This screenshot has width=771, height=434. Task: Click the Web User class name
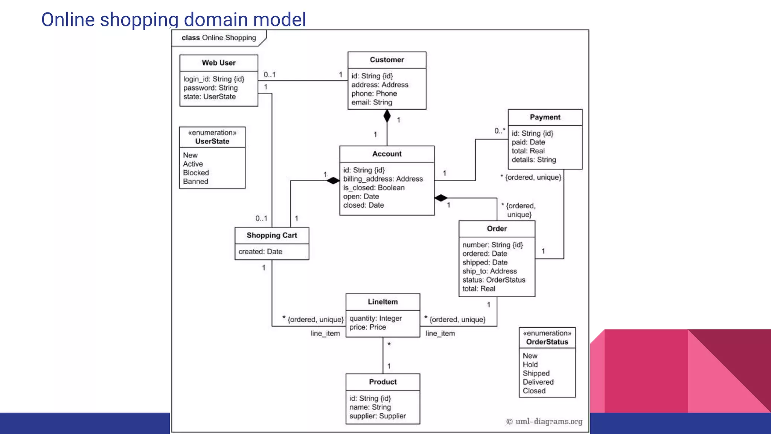click(x=218, y=63)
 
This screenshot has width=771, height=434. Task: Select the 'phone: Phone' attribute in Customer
click(x=374, y=93)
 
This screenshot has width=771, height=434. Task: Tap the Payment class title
click(x=545, y=117)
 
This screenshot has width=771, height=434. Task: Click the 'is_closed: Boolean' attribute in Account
click(x=373, y=188)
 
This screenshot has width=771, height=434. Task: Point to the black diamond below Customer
click(x=387, y=116)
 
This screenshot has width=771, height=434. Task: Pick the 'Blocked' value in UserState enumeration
click(x=196, y=173)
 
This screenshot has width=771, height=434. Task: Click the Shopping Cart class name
click(x=271, y=235)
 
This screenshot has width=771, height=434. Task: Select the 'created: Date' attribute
click(x=260, y=252)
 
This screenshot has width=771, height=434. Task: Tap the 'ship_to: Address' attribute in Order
click(x=489, y=271)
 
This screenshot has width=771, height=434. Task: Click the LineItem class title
click(x=382, y=302)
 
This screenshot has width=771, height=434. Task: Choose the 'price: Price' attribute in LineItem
click(x=367, y=327)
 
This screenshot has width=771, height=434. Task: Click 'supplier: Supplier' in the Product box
click(x=377, y=416)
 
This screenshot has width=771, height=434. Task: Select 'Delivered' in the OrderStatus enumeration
click(x=538, y=382)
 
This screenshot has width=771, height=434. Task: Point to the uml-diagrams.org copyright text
click(x=544, y=422)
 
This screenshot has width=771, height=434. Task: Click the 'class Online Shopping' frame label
click(x=218, y=38)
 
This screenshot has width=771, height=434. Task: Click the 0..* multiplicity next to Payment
click(x=500, y=131)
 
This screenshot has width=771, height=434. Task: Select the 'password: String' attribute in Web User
click(x=210, y=88)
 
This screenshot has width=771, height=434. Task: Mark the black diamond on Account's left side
click(x=333, y=181)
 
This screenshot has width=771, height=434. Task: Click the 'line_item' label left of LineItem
click(x=325, y=333)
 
